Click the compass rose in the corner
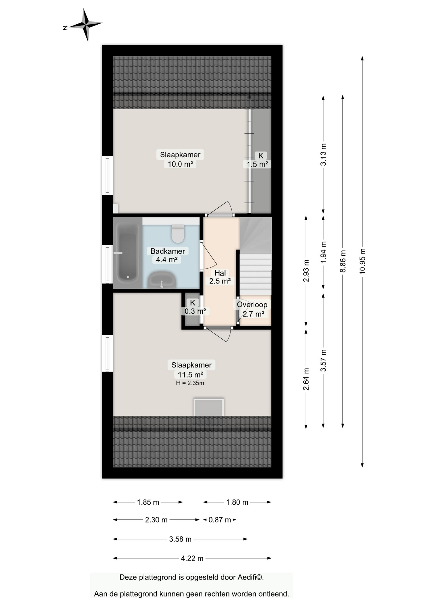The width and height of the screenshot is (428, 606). [x=86, y=25]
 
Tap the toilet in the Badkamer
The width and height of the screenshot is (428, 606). [x=178, y=233]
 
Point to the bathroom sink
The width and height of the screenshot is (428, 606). [x=162, y=280]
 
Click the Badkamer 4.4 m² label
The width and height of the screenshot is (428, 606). [x=167, y=255]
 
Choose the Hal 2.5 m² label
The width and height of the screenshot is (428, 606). [x=220, y=277]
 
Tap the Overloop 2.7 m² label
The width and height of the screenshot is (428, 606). [x=252, y=309]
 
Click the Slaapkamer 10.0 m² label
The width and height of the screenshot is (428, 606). [x=180, y=159]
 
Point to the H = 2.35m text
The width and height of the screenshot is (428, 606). [x=190, y=383]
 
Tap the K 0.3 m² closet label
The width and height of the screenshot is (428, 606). [x=195, y=307]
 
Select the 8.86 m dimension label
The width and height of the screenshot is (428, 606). [x=343, y=261]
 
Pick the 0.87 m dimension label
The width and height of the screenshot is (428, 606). [x=220, y=520]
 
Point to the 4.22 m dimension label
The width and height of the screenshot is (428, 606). [x=192, y=558]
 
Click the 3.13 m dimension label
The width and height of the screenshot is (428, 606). [x=323, y=154]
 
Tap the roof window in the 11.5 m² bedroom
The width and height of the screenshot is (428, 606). [x=209, y=407]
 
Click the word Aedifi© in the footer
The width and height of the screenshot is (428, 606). [x=250, y=577]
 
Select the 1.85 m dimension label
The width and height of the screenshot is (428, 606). [x=148, y=502]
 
